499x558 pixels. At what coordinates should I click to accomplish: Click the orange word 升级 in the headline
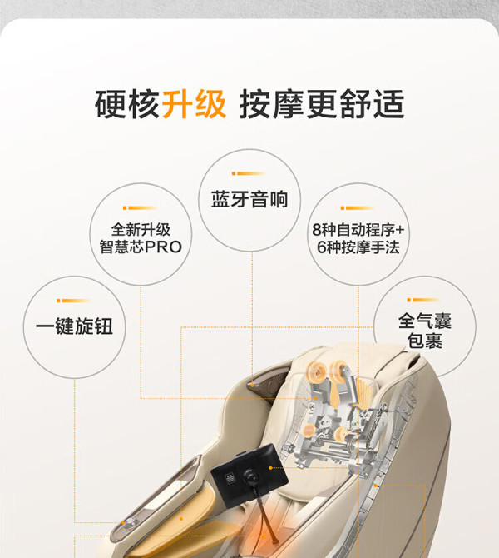click(x=194, y=104)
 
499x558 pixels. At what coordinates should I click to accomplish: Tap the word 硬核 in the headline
click(x=127, y=104)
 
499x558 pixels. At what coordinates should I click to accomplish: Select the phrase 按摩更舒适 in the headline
click(x=322, y=104)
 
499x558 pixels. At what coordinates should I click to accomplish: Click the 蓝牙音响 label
click(x=249, y=199)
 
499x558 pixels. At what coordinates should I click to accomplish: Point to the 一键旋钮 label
click(x=74, y=326)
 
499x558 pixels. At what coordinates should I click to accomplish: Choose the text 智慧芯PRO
click(x=141, y=247)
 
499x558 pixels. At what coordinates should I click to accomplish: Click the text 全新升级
click(x=141, y=230)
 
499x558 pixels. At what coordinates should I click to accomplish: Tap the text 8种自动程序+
click(x=358, y=230)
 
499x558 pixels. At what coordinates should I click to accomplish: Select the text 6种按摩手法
click(x=358, y=247)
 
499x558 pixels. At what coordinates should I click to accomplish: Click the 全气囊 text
click(x=425, y=321)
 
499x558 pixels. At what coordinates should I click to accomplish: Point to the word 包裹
click(x=425, y=341)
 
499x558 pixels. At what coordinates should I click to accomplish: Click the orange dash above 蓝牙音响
click(x=249, y=173)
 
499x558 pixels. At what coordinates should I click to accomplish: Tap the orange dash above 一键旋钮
click(x=73, y=301)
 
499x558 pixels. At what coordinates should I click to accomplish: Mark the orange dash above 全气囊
click(x=424, y=300)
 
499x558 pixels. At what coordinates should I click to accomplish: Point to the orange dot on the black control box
click(x=271, y=467)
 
